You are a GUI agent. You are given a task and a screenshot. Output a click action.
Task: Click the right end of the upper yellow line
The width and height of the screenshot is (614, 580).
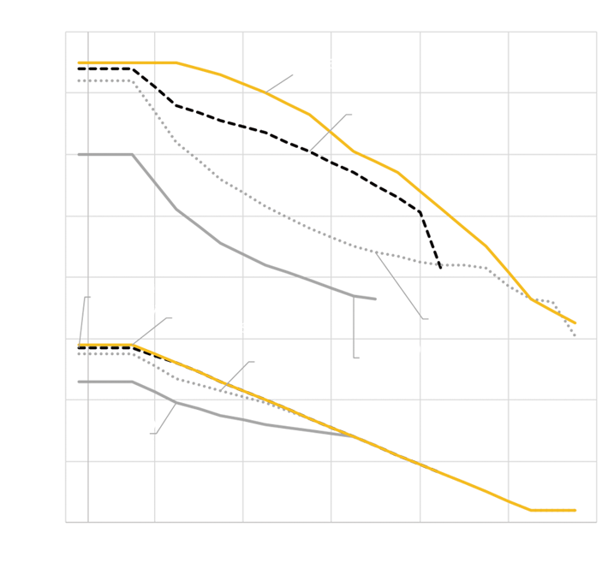coord(575,323)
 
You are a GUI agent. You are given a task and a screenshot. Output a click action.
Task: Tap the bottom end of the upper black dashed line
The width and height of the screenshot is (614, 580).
coord(441,268)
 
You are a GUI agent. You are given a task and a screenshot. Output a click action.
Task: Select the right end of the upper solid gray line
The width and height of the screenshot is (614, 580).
coord(376,299)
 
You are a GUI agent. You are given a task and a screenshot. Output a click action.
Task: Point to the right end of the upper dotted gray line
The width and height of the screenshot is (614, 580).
coord(575,335)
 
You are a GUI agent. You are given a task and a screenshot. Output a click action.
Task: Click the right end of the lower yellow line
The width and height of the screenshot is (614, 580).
coord(575,510)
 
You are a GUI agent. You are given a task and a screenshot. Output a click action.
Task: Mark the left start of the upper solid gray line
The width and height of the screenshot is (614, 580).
coord(79,154)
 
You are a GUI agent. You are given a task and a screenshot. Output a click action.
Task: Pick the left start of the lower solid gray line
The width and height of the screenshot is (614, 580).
coord(79,382)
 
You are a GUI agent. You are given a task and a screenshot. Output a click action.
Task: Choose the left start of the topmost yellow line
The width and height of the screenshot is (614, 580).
coord(79,62)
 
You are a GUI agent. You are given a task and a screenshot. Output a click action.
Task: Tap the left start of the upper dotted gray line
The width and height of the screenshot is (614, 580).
coord(79,80)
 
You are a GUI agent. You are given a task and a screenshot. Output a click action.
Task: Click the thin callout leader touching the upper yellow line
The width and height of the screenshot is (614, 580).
coord(279,83)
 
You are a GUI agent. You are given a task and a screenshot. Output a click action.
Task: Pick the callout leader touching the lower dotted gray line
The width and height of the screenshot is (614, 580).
coord(236,376)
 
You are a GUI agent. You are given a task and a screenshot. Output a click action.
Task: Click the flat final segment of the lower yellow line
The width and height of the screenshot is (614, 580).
coord(553,510)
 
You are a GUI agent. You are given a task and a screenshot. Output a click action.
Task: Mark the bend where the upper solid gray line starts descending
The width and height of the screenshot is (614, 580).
coord(133,154)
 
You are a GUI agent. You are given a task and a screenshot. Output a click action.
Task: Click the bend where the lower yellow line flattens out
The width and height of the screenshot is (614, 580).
coord(531,510)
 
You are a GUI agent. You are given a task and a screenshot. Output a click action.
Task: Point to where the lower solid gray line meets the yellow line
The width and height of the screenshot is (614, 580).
coord(355,436)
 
